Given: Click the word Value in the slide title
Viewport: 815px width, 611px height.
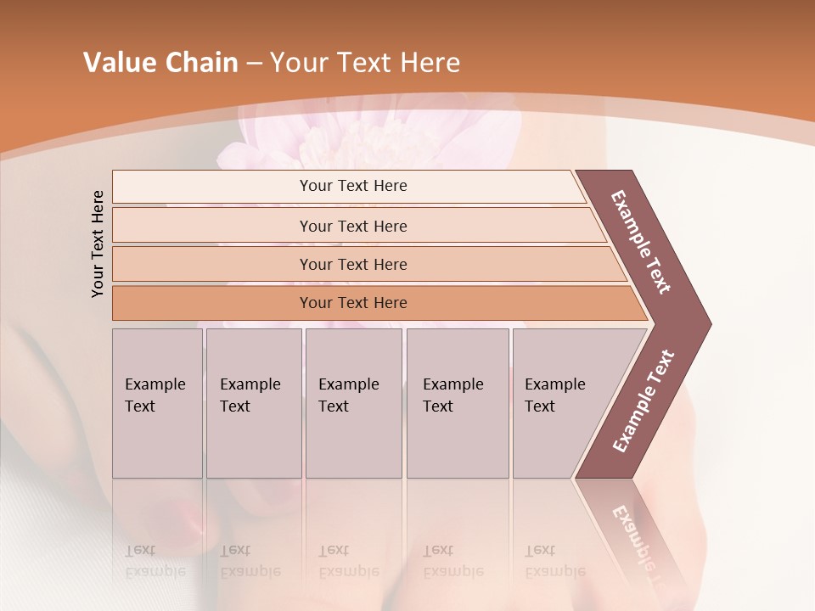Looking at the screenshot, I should [120, 63].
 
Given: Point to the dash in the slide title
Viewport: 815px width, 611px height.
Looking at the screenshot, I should [254, 64].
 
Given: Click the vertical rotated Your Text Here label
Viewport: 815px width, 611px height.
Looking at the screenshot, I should [98, 244].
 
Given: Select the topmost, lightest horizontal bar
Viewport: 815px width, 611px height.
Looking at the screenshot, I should [348, 187].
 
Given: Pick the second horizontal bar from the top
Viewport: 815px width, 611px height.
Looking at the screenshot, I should [357, 226].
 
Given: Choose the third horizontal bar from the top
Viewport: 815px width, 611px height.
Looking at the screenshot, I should [365, 264].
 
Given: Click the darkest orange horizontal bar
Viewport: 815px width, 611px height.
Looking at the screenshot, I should [374, 303].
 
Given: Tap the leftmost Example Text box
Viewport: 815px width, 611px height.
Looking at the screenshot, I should [157, 403].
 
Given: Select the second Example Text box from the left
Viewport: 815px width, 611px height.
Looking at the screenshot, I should [253, 403].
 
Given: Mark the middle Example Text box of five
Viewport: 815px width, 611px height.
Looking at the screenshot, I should [353, 403].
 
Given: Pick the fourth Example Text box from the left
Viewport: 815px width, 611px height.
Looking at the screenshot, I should [458, 403].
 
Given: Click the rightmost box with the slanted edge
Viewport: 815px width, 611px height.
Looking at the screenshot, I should [565, 403].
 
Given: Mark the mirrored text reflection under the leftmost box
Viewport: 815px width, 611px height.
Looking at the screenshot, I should [155, 561].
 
